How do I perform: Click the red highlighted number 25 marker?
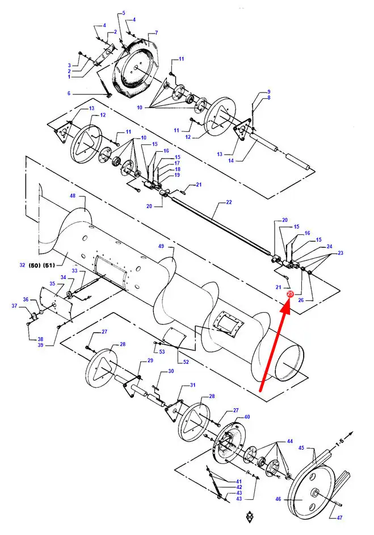290,294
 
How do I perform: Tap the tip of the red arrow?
288,300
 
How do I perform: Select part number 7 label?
156,33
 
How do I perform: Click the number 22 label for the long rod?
229,202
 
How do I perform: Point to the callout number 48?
73,196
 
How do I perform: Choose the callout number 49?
161,246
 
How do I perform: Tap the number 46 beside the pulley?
278,499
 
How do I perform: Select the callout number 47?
339,517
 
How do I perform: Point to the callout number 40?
247,417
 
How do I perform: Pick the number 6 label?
69,93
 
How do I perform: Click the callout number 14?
231,160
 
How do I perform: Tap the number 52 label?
186,362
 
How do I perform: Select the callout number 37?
14,306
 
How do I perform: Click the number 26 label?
301,300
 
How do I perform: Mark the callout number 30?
171,371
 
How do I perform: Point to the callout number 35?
52,284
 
